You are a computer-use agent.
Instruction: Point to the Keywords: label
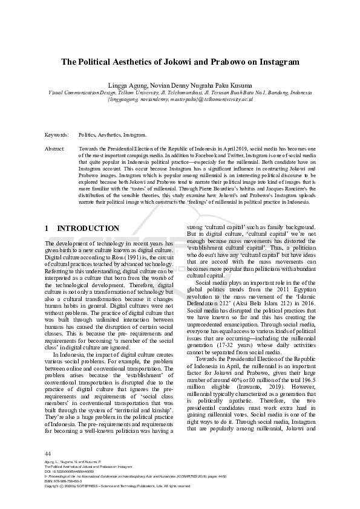57,135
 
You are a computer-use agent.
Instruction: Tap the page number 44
48,453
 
